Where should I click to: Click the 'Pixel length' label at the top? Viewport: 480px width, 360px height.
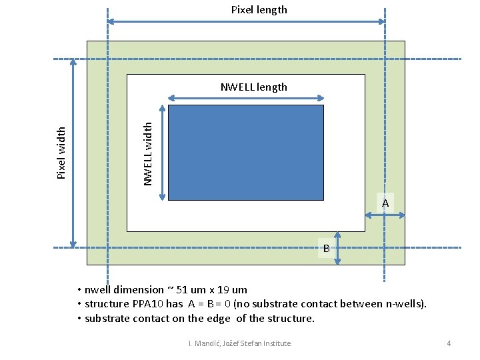coord(259,9)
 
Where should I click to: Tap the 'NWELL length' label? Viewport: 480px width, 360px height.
coord(254,87)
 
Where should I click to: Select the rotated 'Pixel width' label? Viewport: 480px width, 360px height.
coord(61,153)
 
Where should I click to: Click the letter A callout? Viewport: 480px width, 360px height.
coord(385,203)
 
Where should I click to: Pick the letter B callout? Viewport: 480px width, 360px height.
coord(326,249)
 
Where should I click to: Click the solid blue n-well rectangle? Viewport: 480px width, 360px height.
coord(246,152)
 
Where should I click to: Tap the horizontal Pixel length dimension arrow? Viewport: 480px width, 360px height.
coord(246,22)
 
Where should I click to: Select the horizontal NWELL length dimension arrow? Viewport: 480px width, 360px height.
coord(245,98)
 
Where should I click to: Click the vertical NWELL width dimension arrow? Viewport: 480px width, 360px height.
coord(162,152)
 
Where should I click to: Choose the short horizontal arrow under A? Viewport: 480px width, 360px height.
coord(385,215)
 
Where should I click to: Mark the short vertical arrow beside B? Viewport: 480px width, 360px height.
coord(337,248)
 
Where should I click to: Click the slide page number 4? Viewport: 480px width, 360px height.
coord(449,343)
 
